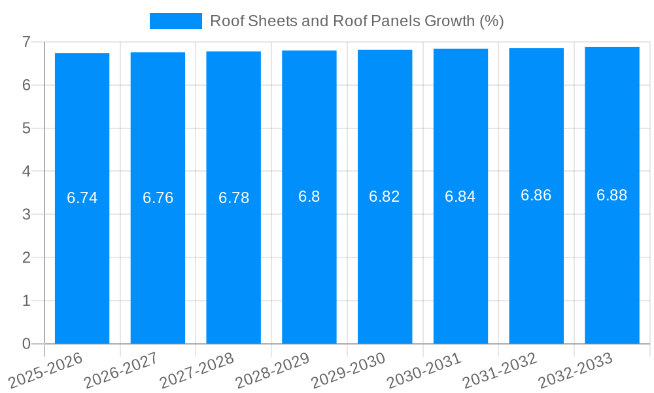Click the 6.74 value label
click(x=82, y=198)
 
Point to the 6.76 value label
click(x=158, y=198)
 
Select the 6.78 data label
click(x=234, y=198)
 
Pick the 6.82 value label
click(x=385, y=196)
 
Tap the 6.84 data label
click(x=460, y=196)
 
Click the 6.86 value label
click(x=536, y=195)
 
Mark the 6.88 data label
click(x=612, y=195)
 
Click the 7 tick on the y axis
click(x=26, y=42)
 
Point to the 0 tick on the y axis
click(x=26, y=344)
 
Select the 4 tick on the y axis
click(x=26, y=172)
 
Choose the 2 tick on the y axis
click(x=26, y=257)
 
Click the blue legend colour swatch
click(x=176, y=21)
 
